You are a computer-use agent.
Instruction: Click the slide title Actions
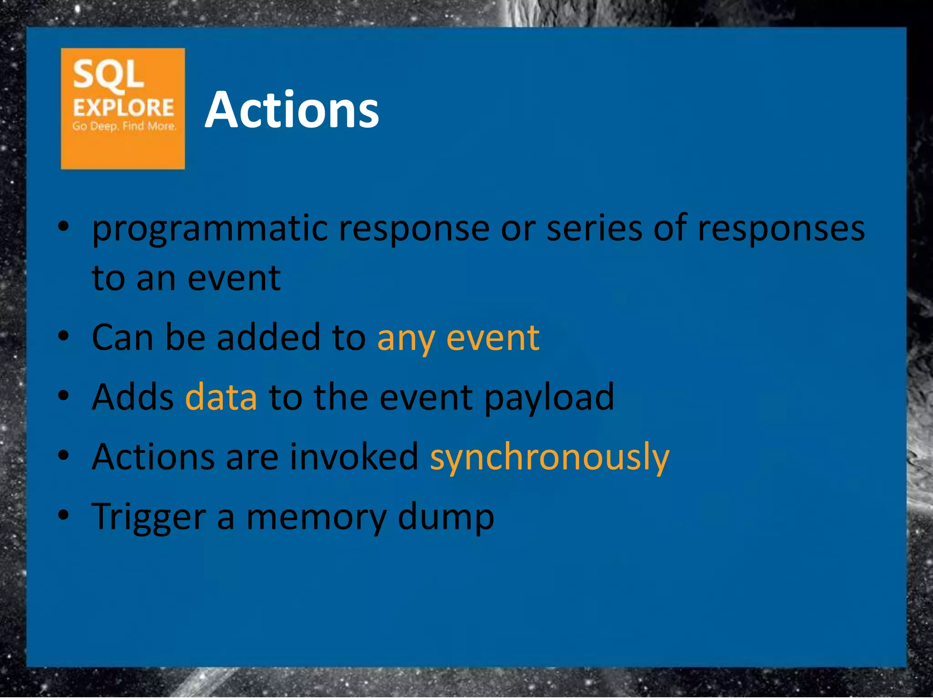[292, 110]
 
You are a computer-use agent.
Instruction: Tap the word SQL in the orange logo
[108, 74]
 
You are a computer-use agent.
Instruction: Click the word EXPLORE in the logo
[123, 108]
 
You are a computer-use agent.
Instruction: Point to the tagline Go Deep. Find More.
[124, 126]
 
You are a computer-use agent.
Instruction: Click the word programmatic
[210, 229]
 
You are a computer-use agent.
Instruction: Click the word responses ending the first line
[781, 229]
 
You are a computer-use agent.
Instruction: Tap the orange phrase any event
[458, 338]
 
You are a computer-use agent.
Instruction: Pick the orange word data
[221, 397]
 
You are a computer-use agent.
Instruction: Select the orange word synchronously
[549, 458]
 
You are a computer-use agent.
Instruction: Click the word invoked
[354, 457]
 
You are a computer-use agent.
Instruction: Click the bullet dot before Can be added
[64, 336]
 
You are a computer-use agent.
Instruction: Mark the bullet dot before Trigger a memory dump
[64, 515]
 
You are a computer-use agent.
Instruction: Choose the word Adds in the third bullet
[133, 397]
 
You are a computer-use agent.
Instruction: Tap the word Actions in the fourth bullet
[153, 457]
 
